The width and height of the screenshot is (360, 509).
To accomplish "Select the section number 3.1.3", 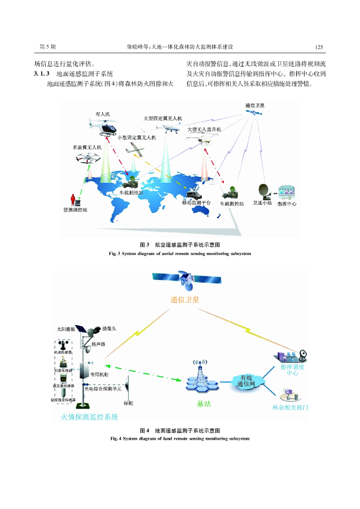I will pyautogui.click(x=42, y=74).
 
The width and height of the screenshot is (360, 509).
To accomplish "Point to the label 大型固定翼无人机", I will pyautogui.click(x=163, y=118).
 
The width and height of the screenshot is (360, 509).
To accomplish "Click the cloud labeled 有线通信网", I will pyautogui.click(x=246, y=381).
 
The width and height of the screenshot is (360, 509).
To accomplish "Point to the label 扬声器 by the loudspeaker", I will pyautogui.click(x=98, y=344).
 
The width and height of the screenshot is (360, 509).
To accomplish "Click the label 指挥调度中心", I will pyautogui.click(x=292, y=370).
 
